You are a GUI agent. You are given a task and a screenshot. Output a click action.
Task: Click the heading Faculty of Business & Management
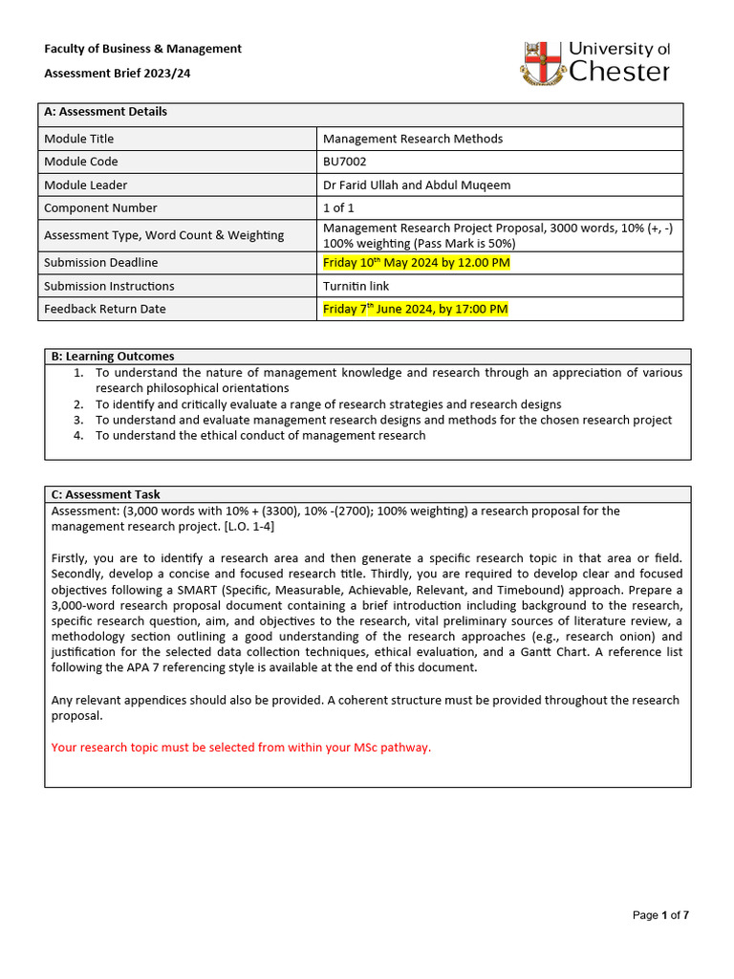tap(142, 49)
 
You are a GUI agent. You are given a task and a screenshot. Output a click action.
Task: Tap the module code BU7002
tap(345, 162)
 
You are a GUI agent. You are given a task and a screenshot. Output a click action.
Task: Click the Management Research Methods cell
tap(413, 139)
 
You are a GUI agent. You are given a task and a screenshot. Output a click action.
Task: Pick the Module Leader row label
tap(86, 185)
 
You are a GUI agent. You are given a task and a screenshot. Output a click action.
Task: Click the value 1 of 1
tap(339, 207)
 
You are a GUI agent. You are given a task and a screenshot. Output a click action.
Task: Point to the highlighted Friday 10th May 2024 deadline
tap(416, 263)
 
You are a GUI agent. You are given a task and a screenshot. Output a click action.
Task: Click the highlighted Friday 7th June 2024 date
tap(415, 309)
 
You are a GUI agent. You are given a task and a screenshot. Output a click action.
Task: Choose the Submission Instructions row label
tap(109, 286)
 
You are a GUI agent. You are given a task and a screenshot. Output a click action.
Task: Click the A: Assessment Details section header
tap(106, 112)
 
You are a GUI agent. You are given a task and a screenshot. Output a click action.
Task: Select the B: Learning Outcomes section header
tap(113, 357)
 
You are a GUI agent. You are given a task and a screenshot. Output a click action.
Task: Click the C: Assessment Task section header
tap(106, 494)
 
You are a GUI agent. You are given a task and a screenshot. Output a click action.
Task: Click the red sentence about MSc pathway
tap(241, 748)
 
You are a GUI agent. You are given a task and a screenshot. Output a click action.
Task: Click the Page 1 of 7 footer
tap(660, 915)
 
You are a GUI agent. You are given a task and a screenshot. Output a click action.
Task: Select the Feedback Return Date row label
tap(104, 309)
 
